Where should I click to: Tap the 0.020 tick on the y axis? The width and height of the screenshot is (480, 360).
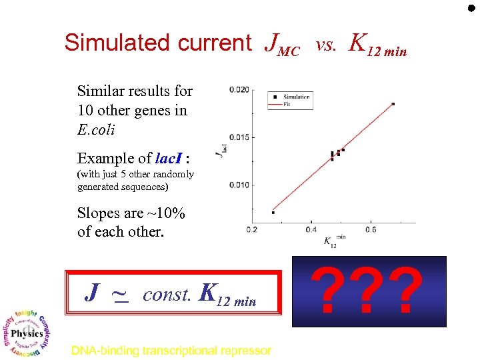click(239, 90)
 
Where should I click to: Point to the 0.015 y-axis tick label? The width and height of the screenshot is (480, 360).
click(239, 137)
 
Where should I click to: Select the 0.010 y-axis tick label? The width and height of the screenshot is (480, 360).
click(239, 185)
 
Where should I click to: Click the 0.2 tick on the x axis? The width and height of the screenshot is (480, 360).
click(252, 230)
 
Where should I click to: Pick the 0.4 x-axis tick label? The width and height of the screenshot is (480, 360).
click(311, 230)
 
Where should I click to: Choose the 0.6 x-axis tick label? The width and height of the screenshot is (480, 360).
click(371, 230)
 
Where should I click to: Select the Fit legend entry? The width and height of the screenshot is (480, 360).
click(287, 103)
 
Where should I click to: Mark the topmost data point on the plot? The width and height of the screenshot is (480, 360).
click(393, 103)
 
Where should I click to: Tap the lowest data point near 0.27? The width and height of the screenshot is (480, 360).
click(273, 213)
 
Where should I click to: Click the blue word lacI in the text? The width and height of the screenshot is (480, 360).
click(167, 159)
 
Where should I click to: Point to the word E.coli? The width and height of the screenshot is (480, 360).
click(96, 130)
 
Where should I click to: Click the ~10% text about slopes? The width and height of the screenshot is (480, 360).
click(165, 214)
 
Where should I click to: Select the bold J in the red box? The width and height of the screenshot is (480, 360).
click(94, 292)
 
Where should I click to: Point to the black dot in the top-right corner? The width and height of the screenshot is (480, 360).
click(471, 9)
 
